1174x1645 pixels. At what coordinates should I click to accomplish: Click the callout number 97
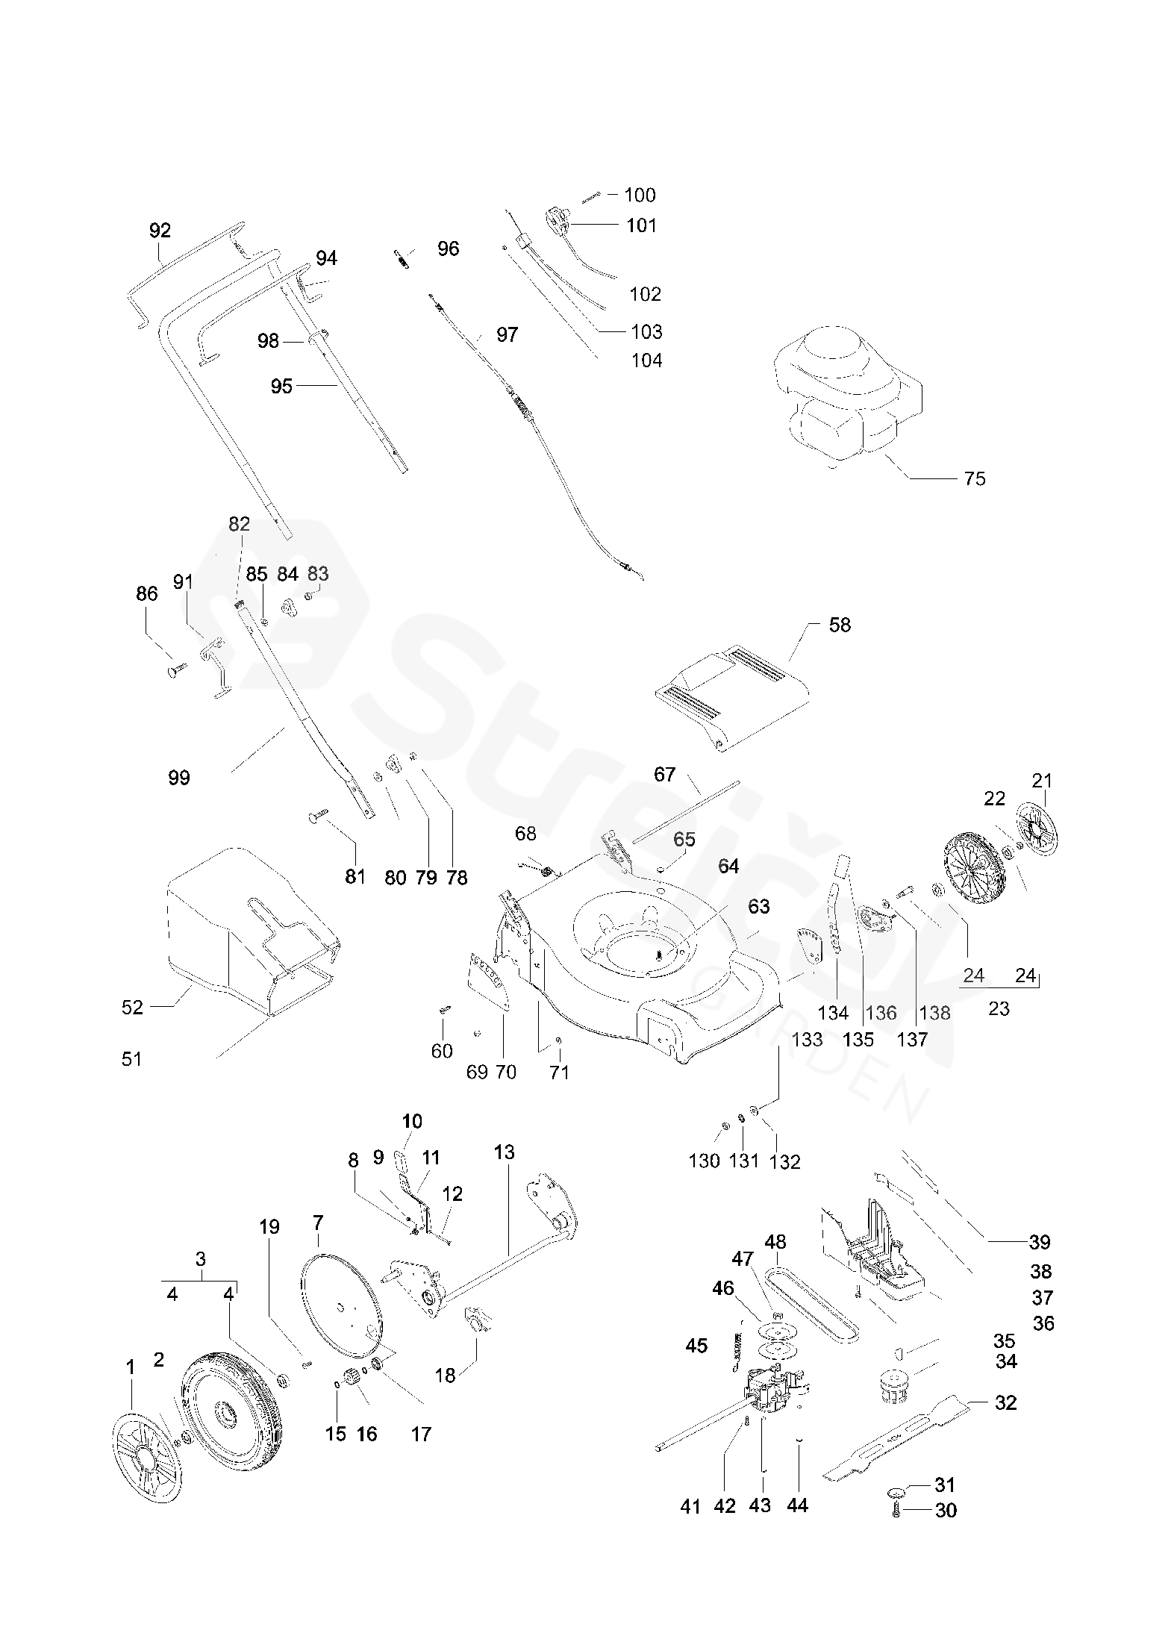click(x=507, y=334)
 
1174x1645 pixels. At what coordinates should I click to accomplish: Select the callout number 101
click(x=641, y=225)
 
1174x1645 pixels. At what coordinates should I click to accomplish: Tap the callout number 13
click(x=505, y=1152)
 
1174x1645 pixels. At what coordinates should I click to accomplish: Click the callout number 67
click(x=664, y=774)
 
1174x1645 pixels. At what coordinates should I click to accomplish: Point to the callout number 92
click(x=160, y=231)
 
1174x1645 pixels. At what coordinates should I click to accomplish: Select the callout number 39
click(x=1040, y=1242)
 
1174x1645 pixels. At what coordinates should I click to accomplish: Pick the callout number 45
click(x=696, y=1346)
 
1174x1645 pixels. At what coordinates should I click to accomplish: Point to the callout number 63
click(x=759, y=906)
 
